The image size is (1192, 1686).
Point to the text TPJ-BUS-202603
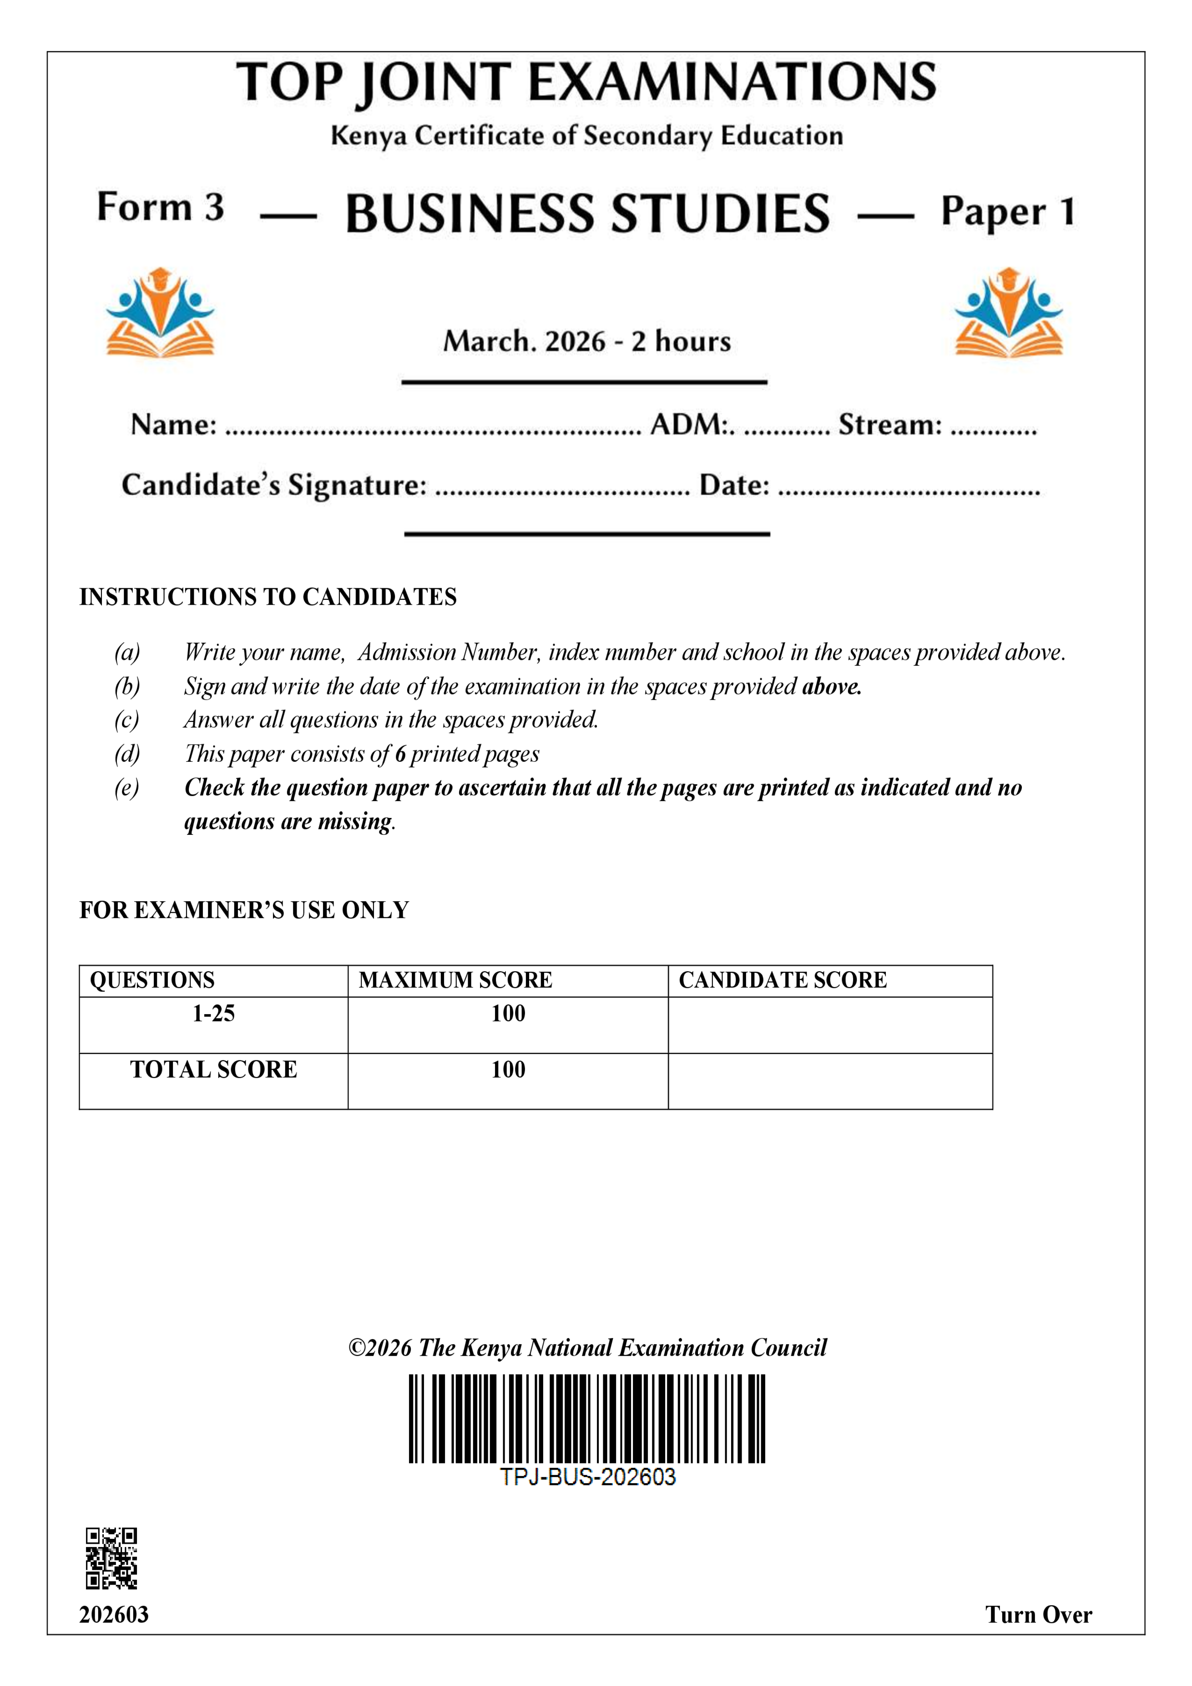[x=587, y=1477]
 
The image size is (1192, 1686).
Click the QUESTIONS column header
[x=152, y=980]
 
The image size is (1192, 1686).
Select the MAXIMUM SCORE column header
[x=455, y=980]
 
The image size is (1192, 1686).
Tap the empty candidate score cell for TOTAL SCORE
[x=830, y=1081]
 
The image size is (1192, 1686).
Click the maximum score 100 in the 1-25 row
[x=508, y=1014]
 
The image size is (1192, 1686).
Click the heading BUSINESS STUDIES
[x=587, y=214]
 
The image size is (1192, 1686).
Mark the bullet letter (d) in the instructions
[x=127, y=754]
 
